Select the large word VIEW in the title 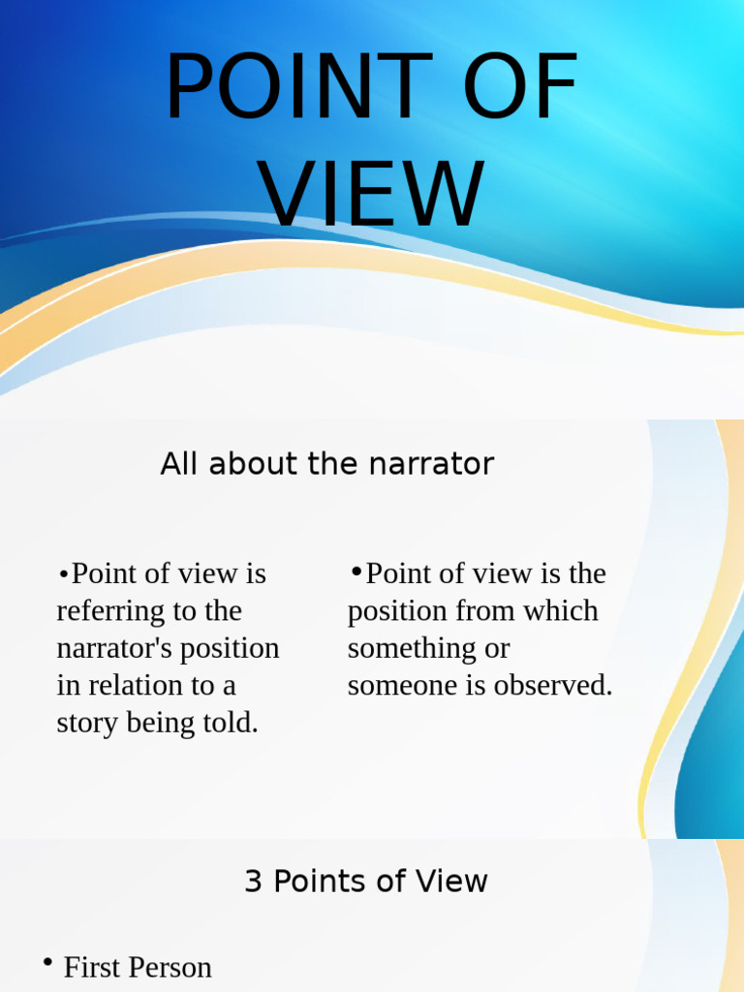(373, 194)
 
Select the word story (87, 723)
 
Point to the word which (561, 611)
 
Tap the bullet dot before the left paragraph (63, 574)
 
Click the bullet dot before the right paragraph (356, 572)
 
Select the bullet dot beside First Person (47, 963)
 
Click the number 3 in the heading (254, 882)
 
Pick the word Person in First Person (170, 967)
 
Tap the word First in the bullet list (92, 967)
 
